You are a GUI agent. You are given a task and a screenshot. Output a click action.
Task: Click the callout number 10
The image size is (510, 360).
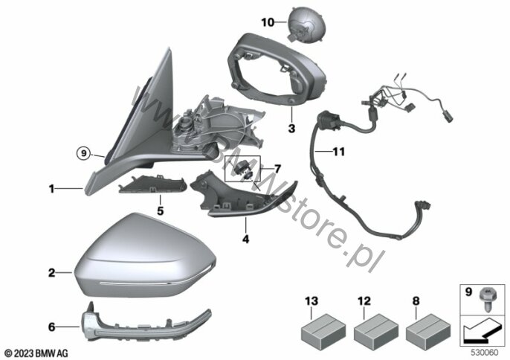pos(268,22)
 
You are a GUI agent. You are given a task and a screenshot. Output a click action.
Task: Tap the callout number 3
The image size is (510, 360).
pos(291,128)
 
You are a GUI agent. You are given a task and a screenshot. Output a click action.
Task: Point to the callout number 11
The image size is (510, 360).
pos(338,151)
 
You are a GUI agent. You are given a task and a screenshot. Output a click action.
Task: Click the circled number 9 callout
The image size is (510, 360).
pos(83,152)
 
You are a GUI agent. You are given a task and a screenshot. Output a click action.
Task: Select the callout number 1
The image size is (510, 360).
pos(51,188)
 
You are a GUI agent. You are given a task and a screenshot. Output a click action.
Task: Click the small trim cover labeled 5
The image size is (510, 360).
pos(152,184)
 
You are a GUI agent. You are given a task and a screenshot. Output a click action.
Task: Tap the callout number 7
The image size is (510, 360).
pos(277,169)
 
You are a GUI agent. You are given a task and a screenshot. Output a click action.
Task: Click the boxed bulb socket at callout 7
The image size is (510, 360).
pos(243,169)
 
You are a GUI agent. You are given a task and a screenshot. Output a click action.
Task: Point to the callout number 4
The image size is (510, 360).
pos(245,240)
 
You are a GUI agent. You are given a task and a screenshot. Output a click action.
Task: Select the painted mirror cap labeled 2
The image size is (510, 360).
pos(146,255)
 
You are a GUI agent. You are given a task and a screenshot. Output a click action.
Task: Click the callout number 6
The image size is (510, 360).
pos(52,327)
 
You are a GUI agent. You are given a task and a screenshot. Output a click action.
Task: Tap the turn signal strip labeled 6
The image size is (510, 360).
pos(146,323)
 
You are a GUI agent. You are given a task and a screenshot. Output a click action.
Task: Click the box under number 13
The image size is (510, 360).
pos(323,330)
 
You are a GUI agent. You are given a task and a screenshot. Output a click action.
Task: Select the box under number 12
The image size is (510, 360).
pos(376,330)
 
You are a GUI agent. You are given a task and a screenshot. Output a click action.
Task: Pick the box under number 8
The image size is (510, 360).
pos(428,330)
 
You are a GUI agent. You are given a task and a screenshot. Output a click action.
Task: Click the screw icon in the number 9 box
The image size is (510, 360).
pos(486,298)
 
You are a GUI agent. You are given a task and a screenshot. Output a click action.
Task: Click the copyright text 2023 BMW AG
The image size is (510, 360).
pos(36,353)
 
